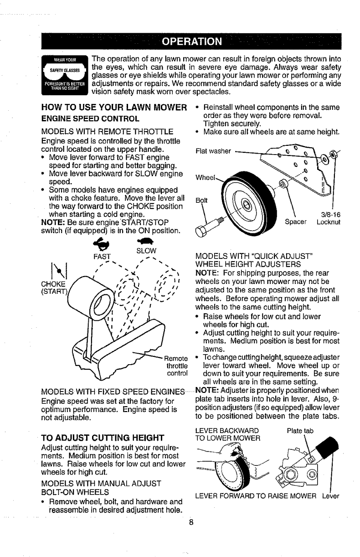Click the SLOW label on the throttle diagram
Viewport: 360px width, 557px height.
(x=146, y=250)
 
